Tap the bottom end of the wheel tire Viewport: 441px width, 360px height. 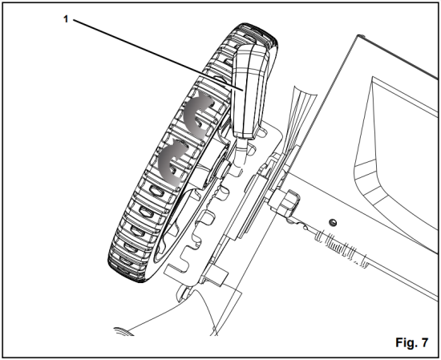128,273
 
